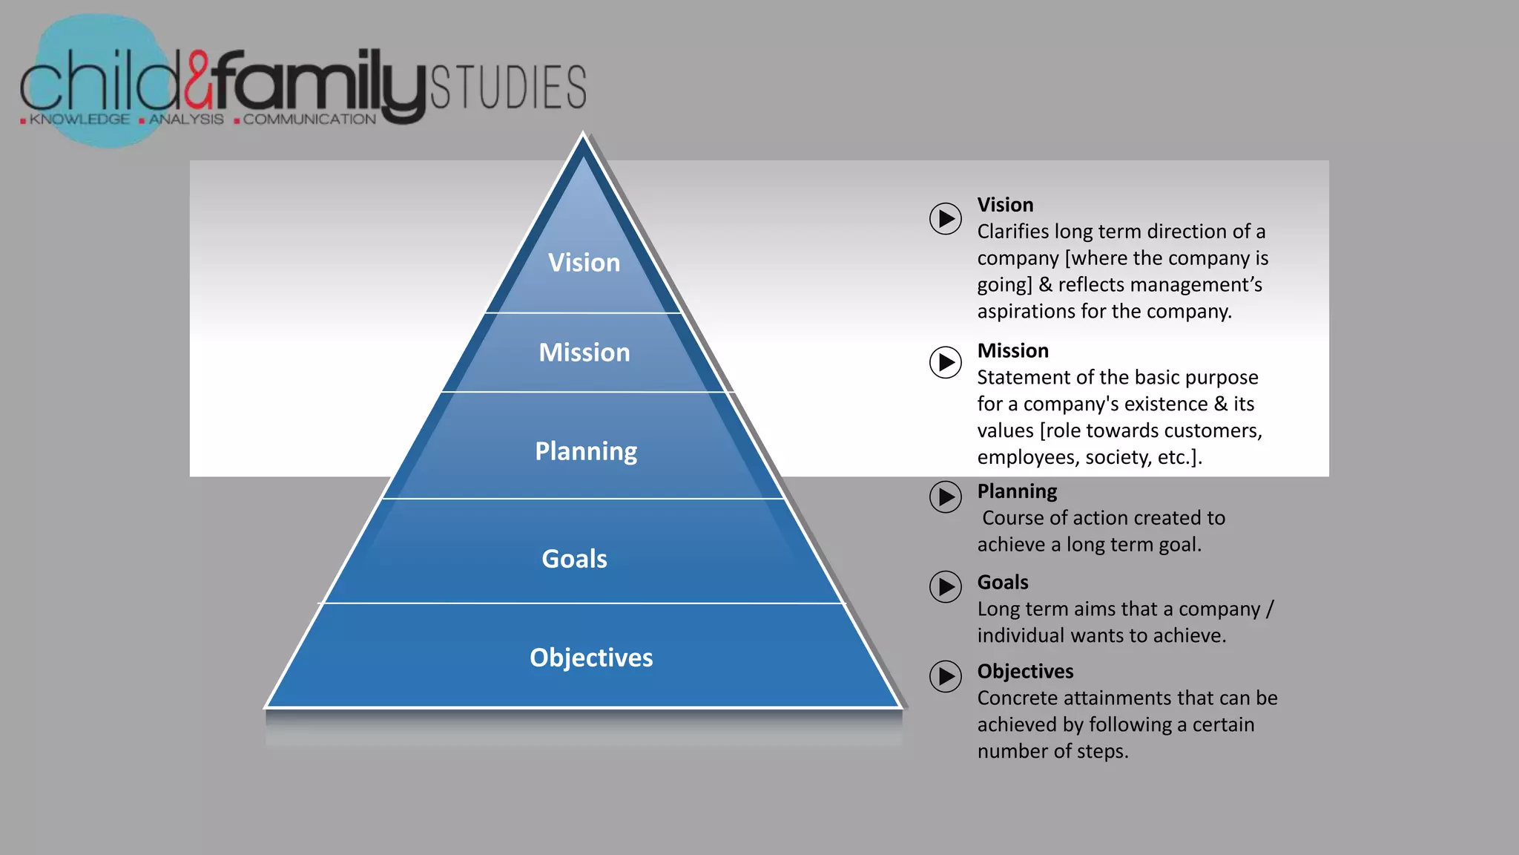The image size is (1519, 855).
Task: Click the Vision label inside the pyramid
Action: point(584,263)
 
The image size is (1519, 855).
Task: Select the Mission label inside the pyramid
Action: point(584,353)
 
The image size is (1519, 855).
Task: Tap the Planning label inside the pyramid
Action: point(586,451)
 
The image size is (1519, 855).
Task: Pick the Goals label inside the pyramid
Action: point(574,559)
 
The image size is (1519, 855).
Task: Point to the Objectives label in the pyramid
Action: point(591,658)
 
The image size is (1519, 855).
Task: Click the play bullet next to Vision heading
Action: point(946,219)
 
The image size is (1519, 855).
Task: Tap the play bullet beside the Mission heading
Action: point(946,362)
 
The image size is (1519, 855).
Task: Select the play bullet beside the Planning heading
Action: point(946,497)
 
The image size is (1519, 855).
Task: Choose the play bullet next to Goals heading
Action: point(946,587)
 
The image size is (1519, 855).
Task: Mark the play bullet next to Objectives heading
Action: point(946,676)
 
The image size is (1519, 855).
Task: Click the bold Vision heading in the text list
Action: point(1005,205)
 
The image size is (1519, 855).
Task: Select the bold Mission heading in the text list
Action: point(1012,351)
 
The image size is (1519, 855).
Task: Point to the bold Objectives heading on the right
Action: point(1025,672)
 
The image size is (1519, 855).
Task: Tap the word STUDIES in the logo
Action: point(508,88)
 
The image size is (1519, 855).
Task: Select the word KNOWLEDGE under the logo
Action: point(79,119)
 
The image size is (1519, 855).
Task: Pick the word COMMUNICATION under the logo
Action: point(309,119)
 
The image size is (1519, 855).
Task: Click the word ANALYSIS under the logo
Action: point(186,119)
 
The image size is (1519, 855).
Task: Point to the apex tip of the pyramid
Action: point(583,135)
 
